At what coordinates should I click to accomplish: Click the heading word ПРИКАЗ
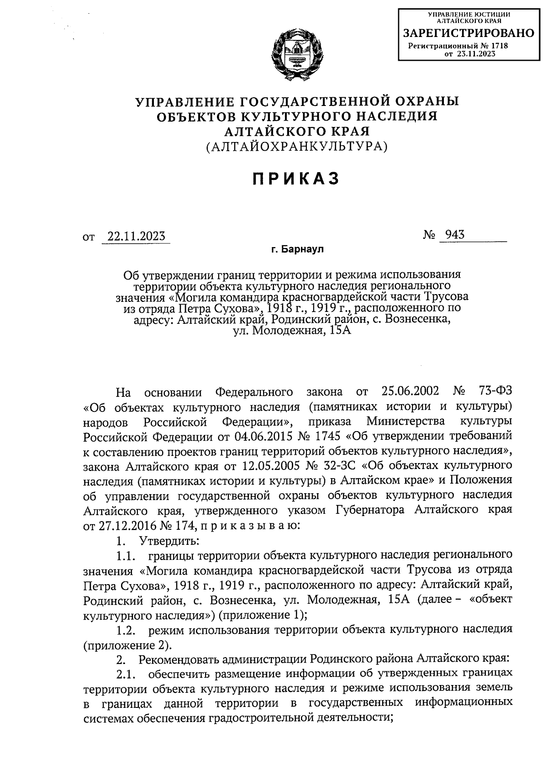(297, 179)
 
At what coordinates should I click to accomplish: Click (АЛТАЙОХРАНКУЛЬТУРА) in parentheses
(297, 147)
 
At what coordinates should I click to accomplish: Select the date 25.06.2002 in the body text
(409, 392)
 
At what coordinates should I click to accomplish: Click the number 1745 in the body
(327, 436)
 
